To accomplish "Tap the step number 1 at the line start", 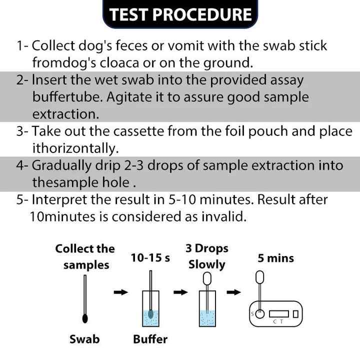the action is pyautogui.click(x=20, y=46).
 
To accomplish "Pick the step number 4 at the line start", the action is pyautogui.click(x=20, y=165).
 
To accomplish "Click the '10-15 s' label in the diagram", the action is pyautogui.click(x=150, y=258).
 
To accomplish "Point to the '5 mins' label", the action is pyautogui.click(x=275, y=258).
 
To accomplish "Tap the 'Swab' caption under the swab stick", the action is pyautogui.click(x=84, y=339).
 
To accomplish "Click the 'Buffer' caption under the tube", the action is pyautogui.click(x=150, y=339).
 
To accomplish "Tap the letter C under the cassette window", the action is pyautogui.click(x=274, y=322).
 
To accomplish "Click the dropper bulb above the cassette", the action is pyautogui.click(x=260, y=276).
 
